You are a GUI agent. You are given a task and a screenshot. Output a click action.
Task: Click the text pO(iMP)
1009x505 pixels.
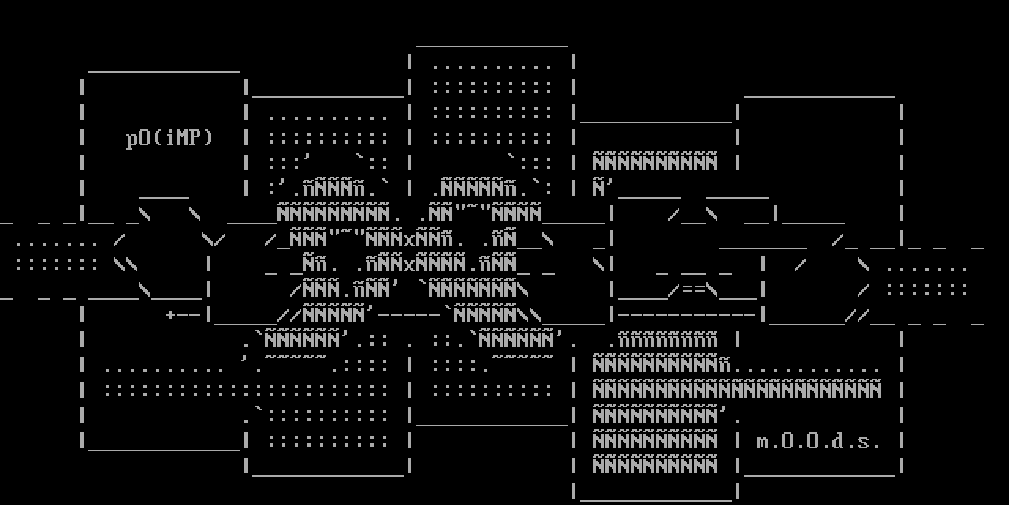(169, 138)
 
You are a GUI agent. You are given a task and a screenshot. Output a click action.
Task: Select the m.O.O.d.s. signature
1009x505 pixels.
(818, 441)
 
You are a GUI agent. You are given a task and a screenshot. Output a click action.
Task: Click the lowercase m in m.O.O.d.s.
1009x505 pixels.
(762, 442)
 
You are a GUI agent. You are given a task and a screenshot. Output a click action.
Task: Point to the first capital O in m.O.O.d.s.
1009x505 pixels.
(787, 441)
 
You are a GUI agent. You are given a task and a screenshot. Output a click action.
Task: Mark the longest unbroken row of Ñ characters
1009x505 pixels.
(737, 390)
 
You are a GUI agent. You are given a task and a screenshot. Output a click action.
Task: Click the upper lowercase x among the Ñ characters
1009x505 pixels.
(410, 239)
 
